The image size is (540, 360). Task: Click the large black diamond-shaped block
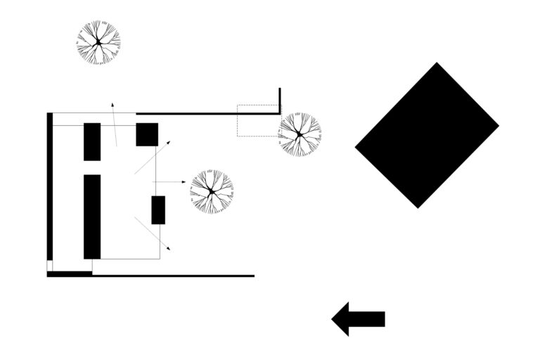[427, 135]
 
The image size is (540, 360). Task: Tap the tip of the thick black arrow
[333, 319]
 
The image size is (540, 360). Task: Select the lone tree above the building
[98, 43]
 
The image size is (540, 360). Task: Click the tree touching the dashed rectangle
[300, 134]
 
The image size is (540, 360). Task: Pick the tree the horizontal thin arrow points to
[211, 191]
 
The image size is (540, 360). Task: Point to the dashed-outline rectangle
[258, 120]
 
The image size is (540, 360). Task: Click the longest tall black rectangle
[92, 217]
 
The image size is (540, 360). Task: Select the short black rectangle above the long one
[92, 141]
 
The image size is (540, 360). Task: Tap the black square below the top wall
[147, 134]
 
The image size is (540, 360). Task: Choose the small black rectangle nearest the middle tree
[158, 210]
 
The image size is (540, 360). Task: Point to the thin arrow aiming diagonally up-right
[152, 157]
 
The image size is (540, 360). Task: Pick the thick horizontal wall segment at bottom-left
[70, 274]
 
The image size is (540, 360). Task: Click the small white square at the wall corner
[50, 266]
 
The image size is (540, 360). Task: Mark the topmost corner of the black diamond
[437, 63]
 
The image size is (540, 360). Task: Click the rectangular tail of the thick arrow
[367, 319]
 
